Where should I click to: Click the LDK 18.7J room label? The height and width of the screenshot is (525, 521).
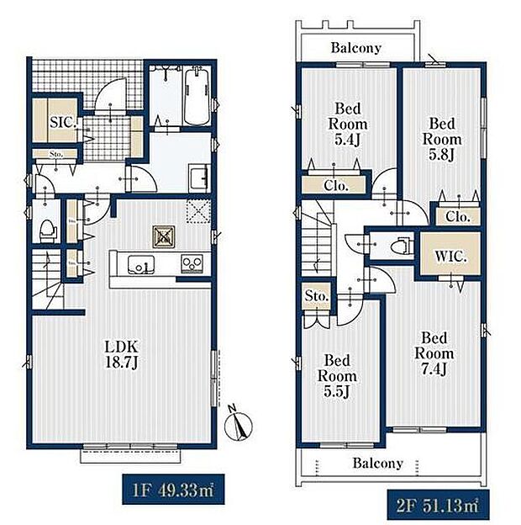pyautogui.click(x=121, y=353)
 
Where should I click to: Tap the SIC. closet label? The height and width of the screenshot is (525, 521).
pyautogui.click(x=63, y=123)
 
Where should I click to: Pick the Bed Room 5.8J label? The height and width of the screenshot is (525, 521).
pyautogui.click(x=441, y=139)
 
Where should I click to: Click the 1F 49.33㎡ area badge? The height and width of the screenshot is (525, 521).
pyautogui.click(x=161, y=488)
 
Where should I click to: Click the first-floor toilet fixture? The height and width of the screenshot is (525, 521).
pyautogui.click(x=48, y=229)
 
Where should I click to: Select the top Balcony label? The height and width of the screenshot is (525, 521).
pyautogui.click(x=355, y=48)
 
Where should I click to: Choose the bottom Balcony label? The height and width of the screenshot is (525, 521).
pyautogui.click(x=377, y=464)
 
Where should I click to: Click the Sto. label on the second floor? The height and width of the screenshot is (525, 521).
pyautogui.click(x=318, y=297)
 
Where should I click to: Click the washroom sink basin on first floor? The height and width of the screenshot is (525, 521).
pyautogui.click(x=200, y=178)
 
